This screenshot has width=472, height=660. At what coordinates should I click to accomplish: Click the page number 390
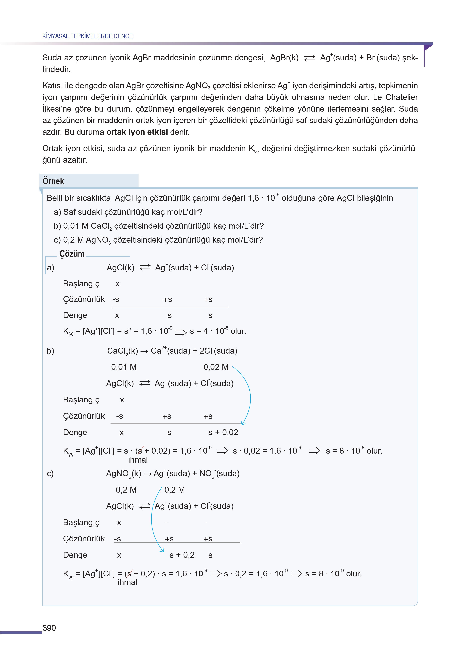(49, 628)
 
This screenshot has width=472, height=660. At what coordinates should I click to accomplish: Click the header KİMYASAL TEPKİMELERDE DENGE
(87, 36)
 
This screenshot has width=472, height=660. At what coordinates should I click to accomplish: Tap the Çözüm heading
(72, 254)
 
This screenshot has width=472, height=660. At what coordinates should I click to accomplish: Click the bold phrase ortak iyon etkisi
(137, 132)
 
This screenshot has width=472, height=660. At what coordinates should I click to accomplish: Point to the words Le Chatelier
(395, 97)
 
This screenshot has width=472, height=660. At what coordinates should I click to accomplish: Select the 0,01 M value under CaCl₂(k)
(124, 367)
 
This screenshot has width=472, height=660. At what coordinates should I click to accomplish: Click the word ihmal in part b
(138, 460)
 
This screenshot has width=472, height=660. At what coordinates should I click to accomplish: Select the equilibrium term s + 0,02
(223, 432)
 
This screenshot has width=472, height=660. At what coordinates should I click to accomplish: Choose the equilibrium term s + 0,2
(182, 555)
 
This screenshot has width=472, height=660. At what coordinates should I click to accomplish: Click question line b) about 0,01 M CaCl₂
(159, 226)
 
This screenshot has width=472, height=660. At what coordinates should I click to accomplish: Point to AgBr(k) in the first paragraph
(284, 57)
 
